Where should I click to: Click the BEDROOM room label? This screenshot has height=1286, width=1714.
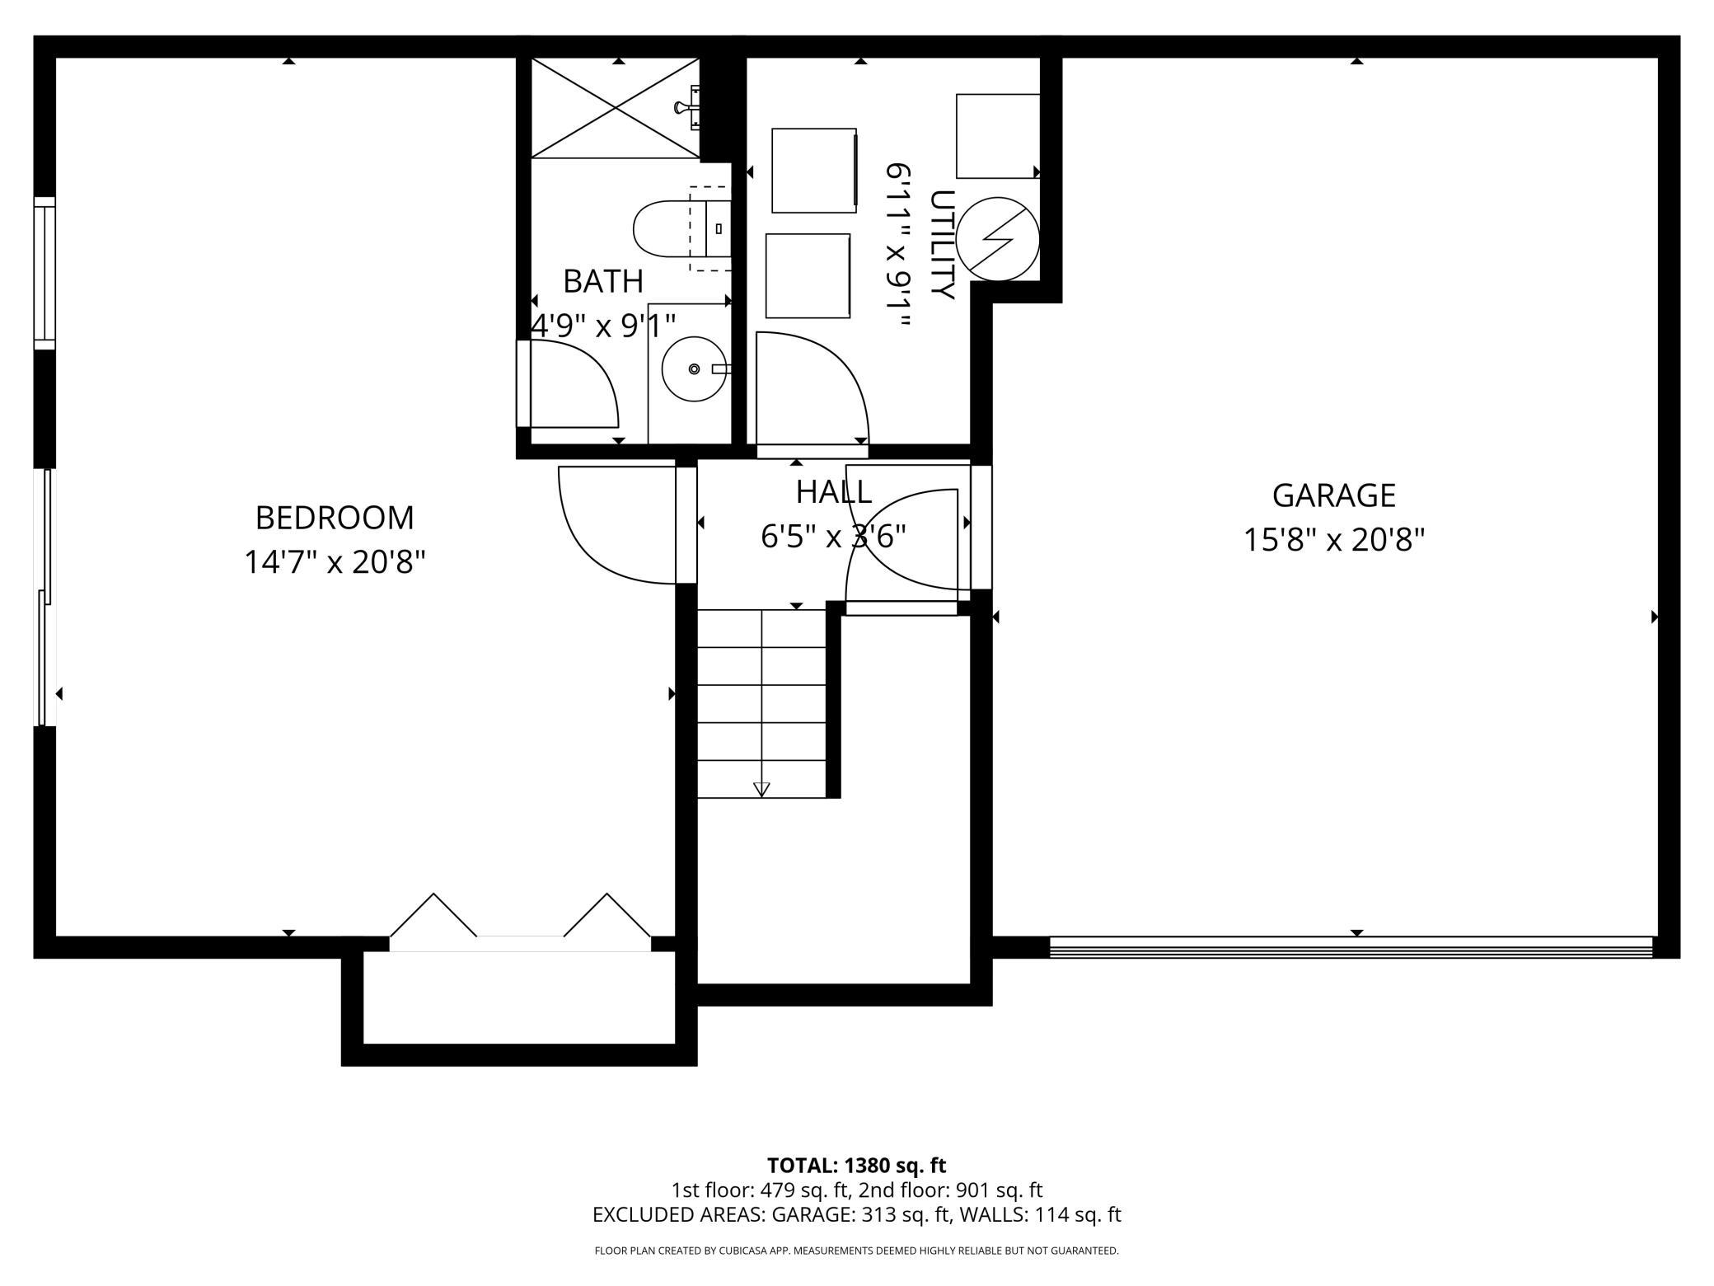click(335, 519)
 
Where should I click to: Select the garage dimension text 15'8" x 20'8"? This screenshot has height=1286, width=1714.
click(1333, 541)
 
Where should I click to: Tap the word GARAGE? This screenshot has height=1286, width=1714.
click(1333, 495)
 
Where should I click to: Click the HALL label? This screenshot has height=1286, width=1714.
click(833, 492)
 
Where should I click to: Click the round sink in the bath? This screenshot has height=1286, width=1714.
click(694, 368)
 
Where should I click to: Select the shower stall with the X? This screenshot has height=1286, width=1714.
click(616, 107)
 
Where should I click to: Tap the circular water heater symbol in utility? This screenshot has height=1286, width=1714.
click(998, 239)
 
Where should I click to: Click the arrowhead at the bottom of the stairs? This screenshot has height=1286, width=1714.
click(761, 789)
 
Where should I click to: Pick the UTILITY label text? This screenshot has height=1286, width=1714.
click(941, 245)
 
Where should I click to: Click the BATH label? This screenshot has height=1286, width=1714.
click(602, 282)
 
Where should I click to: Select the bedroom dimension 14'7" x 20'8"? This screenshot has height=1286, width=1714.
click(335, 563)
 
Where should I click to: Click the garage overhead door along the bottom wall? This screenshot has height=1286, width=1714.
click(1351, 947)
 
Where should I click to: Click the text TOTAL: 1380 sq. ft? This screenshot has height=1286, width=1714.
click(856, 1166)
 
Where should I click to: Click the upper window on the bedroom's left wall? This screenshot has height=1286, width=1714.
click(44, 272)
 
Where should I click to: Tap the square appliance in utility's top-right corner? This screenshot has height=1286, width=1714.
click(997, 136)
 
